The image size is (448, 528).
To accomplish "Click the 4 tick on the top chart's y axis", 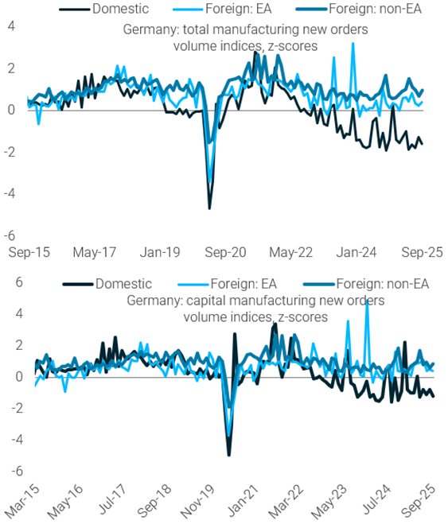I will (x=11, y=25).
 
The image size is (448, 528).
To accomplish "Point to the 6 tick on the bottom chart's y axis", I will (x=11, y=281).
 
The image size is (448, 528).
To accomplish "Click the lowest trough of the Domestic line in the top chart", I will (x=209, y=208).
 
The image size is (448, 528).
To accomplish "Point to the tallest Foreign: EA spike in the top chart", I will (x=353, y=44).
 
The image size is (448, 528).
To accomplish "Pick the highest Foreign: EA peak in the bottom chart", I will (x=366, y=301).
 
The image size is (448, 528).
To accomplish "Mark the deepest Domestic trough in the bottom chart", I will (x=229, y=455).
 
